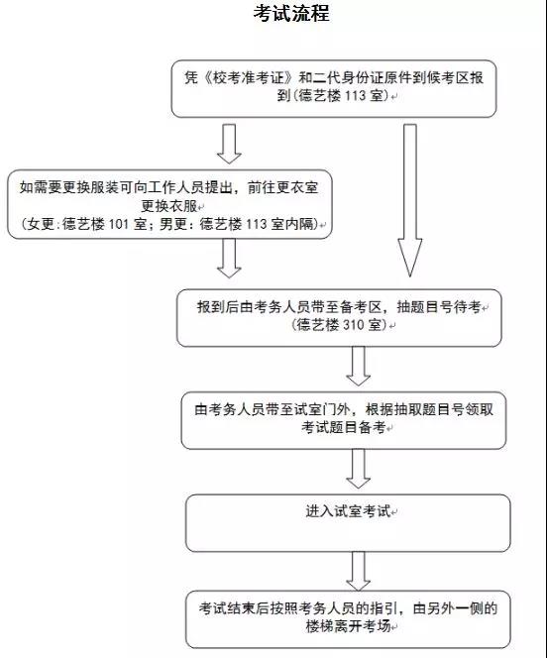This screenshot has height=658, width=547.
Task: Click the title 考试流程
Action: click(x=291, y=13)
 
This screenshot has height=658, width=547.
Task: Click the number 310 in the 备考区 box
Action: click(x=354, y=325)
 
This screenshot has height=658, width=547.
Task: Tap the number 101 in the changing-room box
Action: click(x=118, y=224)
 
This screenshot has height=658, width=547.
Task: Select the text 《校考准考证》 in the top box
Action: click(x=247, y=77)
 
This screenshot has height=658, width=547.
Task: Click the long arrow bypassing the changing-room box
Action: click(x=410, y=200)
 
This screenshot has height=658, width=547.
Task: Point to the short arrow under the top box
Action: click(x=229, y=144)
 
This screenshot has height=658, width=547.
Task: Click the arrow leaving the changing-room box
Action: click(x=229, y=258)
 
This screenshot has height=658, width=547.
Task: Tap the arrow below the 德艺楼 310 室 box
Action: click(x=359, y=366)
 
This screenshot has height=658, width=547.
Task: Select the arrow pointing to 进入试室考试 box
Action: click(x=359, y=469)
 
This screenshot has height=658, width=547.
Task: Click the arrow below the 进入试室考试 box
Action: click(x=359, y=571)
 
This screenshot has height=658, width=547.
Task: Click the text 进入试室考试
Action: click(x=348, y=511)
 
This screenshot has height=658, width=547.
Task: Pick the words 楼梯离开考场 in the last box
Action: click(x=348, y=626)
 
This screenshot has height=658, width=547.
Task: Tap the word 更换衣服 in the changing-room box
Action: click(x=169, y=206)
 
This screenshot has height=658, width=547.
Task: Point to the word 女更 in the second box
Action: click(x=41, y=224)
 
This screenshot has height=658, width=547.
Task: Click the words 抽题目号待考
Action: click(x=439, y=307)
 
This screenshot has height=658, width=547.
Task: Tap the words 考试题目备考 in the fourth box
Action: click(x=344, y=427)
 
